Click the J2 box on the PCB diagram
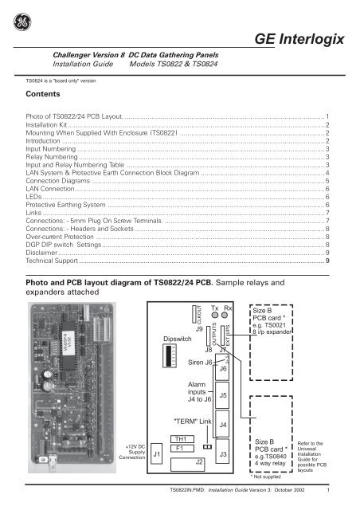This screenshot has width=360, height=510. pyautogui.click(x=200, y=461)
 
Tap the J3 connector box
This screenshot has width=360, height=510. pyautogui.click(x=223, y=454)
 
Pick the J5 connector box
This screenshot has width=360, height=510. pyautogui.click(x=223, y=394)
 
